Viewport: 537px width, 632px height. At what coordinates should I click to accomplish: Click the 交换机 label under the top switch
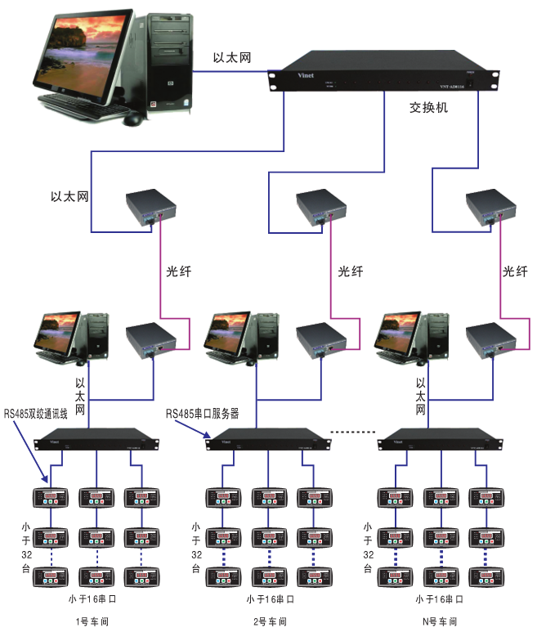point(428,107)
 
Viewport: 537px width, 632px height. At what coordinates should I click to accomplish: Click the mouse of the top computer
point(132,119)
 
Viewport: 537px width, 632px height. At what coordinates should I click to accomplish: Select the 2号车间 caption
point(268,621)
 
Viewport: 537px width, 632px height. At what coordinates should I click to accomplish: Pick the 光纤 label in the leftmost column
point(178,271)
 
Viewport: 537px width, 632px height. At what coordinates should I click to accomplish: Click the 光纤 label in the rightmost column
point(515,271)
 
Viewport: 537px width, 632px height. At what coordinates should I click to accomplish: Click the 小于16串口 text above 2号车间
point(270,599)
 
